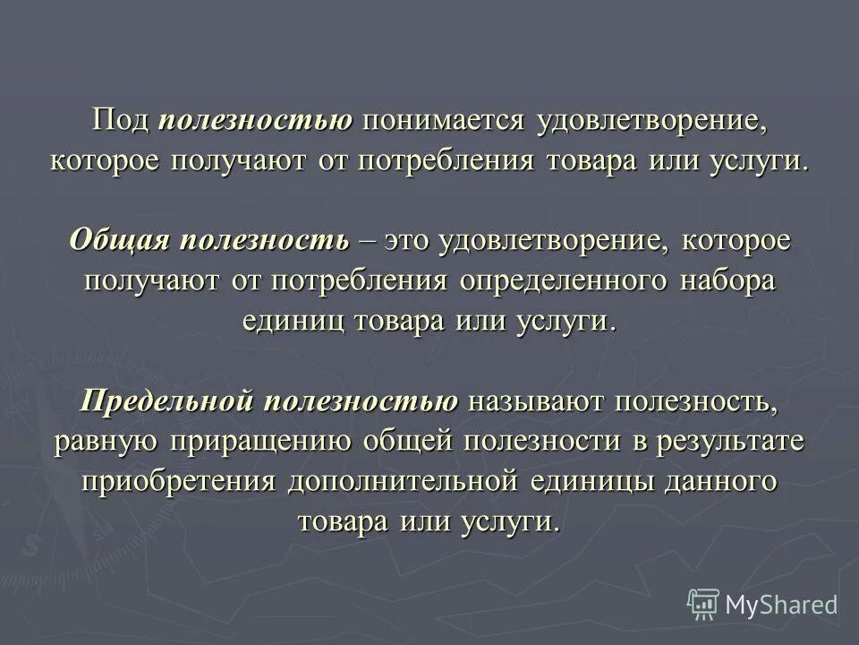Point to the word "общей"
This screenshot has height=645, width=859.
(412, 440)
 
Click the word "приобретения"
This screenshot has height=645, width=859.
(178, 479)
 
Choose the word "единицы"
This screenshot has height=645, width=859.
(594, 479)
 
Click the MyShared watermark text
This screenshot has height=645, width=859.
(781, 604)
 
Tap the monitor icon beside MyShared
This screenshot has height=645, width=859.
(703, 604)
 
